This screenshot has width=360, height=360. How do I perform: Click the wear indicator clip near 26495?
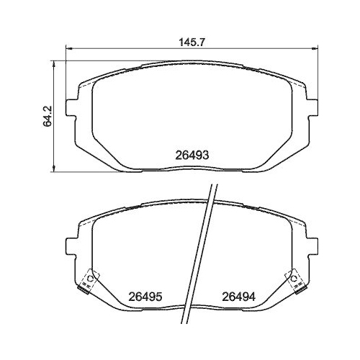[x=89, y=280]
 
